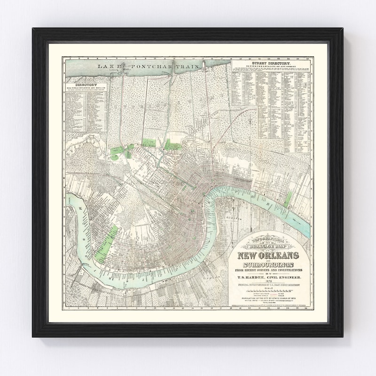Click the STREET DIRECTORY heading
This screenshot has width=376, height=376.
pyautogui.click(x=271, y=63)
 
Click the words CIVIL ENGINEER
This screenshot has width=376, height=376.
pyautogui.click(x=282, y=278)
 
